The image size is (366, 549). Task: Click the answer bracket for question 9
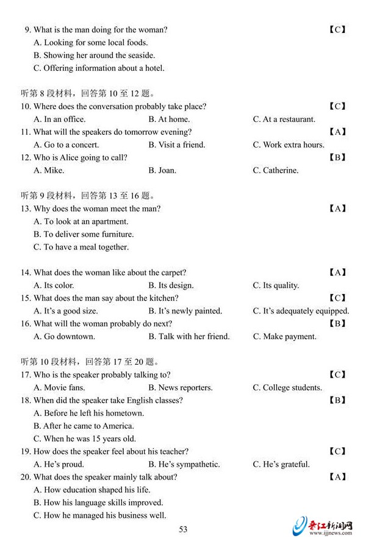[337, 29]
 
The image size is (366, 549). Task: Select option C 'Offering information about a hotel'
[99, 68]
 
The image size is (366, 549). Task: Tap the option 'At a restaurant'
[284, 120]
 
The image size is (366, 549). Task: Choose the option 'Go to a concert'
[66, 145]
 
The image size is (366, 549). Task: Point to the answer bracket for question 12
[337, 157]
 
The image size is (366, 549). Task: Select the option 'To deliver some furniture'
[84, 234]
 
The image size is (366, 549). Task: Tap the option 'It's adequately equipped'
[301, 311]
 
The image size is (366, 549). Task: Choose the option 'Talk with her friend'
[189, 337]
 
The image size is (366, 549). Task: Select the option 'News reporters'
[181, 388]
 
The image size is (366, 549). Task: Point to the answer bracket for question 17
[337, 375]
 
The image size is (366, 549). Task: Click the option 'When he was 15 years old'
[85, 439]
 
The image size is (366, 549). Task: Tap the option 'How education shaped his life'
[91, 490]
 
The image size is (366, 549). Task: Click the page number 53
[183, 529]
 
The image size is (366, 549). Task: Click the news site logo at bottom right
[323, 526]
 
